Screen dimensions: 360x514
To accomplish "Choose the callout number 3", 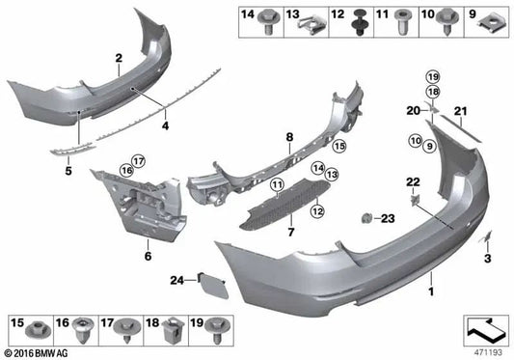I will click(487, 260).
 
